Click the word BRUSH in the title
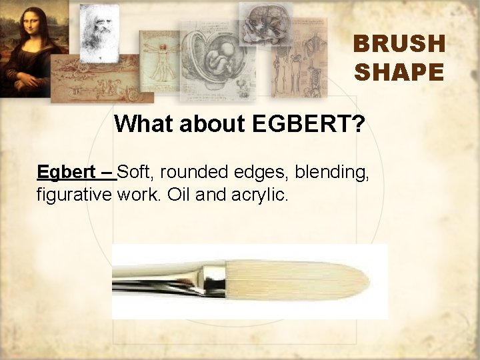[x=399, y=44]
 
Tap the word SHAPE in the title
[x=399, y=71]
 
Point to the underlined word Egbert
[x=65, y=172]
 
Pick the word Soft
[x=135, y=172]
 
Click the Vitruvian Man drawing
[x=159, y=60]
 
